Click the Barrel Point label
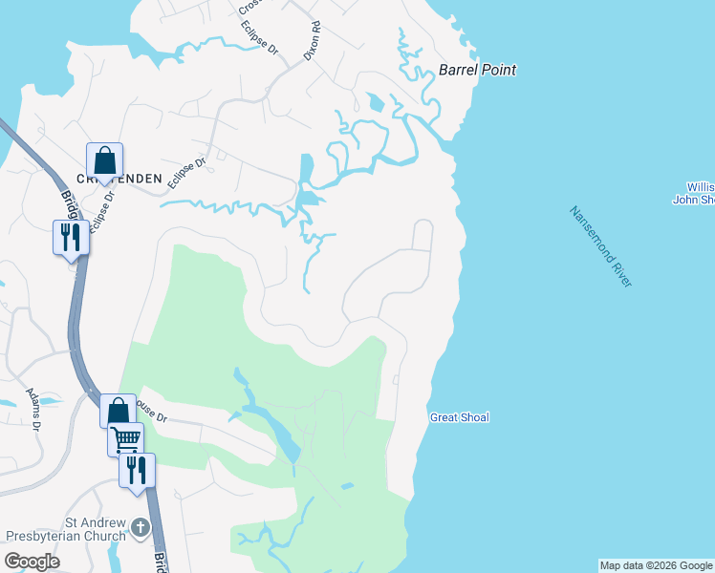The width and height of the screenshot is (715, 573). click(x=477, y=70)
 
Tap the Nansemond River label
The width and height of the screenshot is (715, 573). click(x=600, y=246)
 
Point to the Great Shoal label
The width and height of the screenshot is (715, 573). click(x=459, y=417)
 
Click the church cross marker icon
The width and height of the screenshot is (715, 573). click(x=141, y=527)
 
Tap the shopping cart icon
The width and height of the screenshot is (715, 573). click(x=125, y=439)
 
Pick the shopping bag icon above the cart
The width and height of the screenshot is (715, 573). click(x=117, y=412)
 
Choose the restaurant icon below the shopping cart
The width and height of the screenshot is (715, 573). click(x=137, y=469)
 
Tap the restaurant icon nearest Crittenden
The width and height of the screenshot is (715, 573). click(x=71, y=236)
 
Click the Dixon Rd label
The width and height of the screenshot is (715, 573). click(x=312, y=42)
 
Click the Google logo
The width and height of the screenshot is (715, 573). click(x=32, y=562)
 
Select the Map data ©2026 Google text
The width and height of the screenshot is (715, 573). click(x=656, y=565)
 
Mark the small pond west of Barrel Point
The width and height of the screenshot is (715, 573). click(x=376, y=101)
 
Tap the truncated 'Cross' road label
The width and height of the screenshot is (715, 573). click(x=251, y=8)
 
